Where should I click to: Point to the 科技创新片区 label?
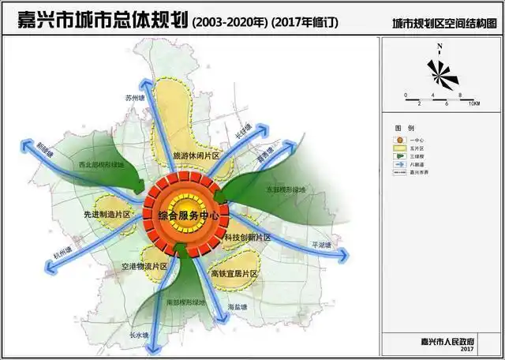(x=246, y=238)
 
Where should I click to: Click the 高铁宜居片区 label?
(x=234, y=273)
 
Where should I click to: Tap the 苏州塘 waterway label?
(x=136, y=98)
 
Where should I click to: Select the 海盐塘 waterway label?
(x=238, y=306)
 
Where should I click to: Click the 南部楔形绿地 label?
(x=186, y=302)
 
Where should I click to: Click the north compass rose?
(x=440, y=73)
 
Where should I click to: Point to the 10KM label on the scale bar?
(x=473, y=103)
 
